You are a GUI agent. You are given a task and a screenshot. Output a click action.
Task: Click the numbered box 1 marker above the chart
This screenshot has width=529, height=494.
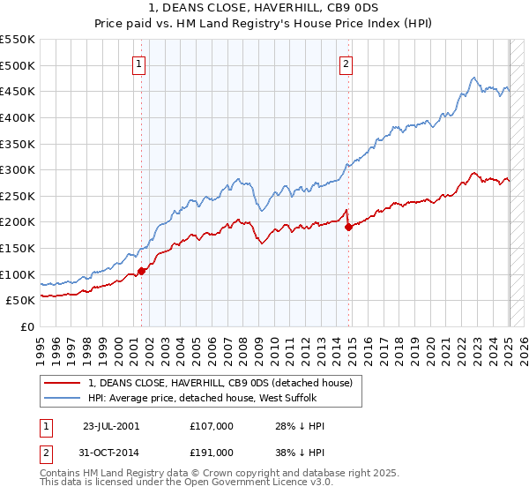(x=140, y=63)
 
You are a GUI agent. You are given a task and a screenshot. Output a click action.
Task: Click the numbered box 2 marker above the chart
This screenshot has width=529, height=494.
(x=346, y=63)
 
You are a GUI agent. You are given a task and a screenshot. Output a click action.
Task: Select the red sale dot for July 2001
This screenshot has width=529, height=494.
(x=142, y=271)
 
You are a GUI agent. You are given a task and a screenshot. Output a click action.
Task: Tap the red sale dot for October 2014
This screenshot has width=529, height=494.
(x=349, y=227)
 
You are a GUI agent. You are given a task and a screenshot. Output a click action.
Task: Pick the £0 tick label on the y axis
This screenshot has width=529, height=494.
(x=27, y=326)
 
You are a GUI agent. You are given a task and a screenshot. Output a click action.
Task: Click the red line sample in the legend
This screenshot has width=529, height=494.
(x=63, y=383)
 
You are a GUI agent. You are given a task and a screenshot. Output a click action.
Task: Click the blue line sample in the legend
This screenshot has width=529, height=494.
(x=63, y=398)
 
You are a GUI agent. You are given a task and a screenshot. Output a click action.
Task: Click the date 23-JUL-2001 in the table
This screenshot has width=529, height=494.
(x=111, y=425)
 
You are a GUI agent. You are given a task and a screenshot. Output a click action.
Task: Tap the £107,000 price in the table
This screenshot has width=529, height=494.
(x=212, y=425)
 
